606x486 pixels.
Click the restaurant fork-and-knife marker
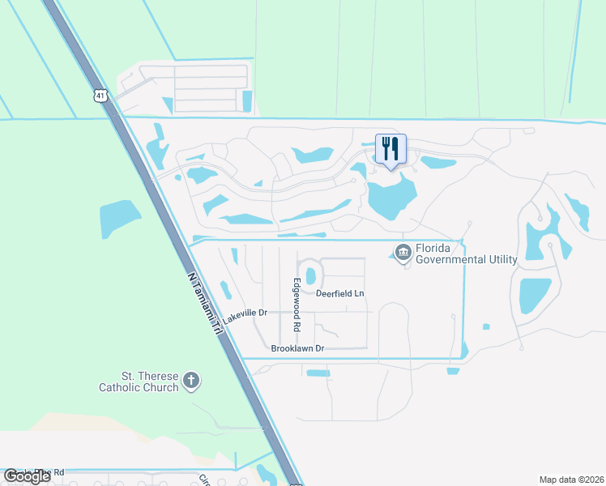click(390, 149)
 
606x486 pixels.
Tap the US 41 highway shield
click(100, 96)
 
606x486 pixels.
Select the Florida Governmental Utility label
click(466, 254)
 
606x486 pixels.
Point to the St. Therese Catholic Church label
click(139, 382)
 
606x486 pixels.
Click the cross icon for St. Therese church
click(191, 381)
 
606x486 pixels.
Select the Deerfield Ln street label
click(340, 293)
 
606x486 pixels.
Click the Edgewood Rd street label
click(297, 304)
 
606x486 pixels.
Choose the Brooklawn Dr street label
click(297, 348)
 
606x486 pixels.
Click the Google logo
click(27, 476)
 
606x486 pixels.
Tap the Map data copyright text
click(571, 480)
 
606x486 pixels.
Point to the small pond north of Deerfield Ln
click(310, 276)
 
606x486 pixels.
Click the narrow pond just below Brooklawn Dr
click(318, 373)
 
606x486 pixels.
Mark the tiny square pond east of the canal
click(485, 327)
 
